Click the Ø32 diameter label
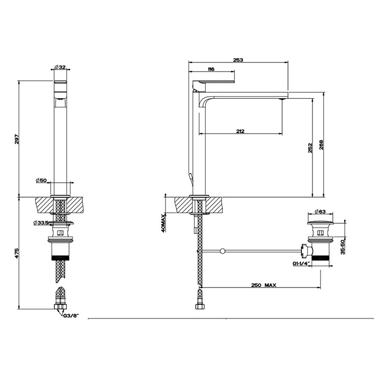(x=60, y=67)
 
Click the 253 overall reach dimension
(x=238, y=60)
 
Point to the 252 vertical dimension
(x=310, y=148)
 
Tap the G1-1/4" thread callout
(x=301, y=264)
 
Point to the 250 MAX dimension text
(x=264, y=286)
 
